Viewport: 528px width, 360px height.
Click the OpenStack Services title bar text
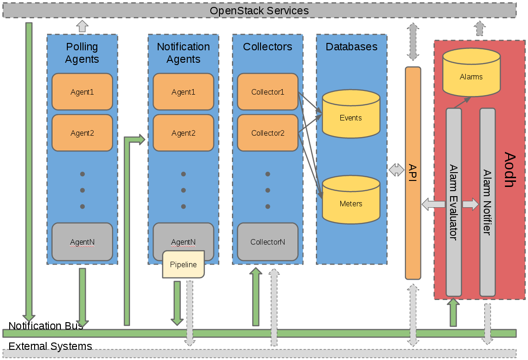point(259,10)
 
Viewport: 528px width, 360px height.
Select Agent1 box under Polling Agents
point(82,92)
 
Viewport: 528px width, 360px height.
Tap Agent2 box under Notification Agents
point(183,133)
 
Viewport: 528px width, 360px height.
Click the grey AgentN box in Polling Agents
point(82,241)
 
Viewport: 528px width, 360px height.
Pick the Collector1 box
point(267,92)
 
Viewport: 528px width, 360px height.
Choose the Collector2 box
point(267,133)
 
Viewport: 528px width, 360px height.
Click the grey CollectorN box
point(267,241)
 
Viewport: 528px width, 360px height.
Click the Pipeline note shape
point(183,264)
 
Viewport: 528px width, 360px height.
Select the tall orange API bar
point(413,173)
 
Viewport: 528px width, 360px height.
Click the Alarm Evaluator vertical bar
point(453,202)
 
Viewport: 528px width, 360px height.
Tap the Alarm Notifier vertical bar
point(487,202)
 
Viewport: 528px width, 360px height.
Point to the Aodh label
point(509,169)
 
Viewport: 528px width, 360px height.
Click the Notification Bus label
point(46,326)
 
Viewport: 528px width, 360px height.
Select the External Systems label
point(50,346)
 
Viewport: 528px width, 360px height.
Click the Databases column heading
point(351,47)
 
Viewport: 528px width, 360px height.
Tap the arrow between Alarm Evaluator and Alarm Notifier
point(471,204)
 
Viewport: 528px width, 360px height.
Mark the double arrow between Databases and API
point(396,170)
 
